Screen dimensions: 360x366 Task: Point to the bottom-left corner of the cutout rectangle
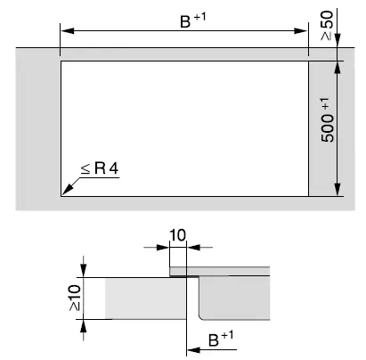click(61, 194)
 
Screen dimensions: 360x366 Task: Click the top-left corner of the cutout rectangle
click(61, 61)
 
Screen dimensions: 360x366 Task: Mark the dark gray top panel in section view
click(232, 270)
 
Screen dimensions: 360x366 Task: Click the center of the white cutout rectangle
click(184, 127)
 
